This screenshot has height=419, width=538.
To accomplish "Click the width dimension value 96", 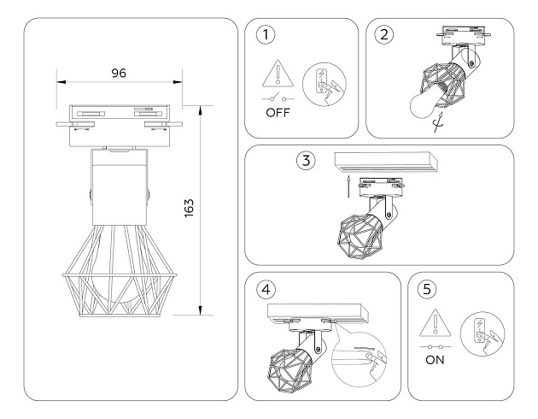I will [x=119, y=73].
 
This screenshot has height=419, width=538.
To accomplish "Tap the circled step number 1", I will [x=268, y=36].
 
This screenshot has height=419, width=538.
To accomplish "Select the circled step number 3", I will [x=306, y=161].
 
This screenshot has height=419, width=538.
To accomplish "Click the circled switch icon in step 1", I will [x=325, y=85].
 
